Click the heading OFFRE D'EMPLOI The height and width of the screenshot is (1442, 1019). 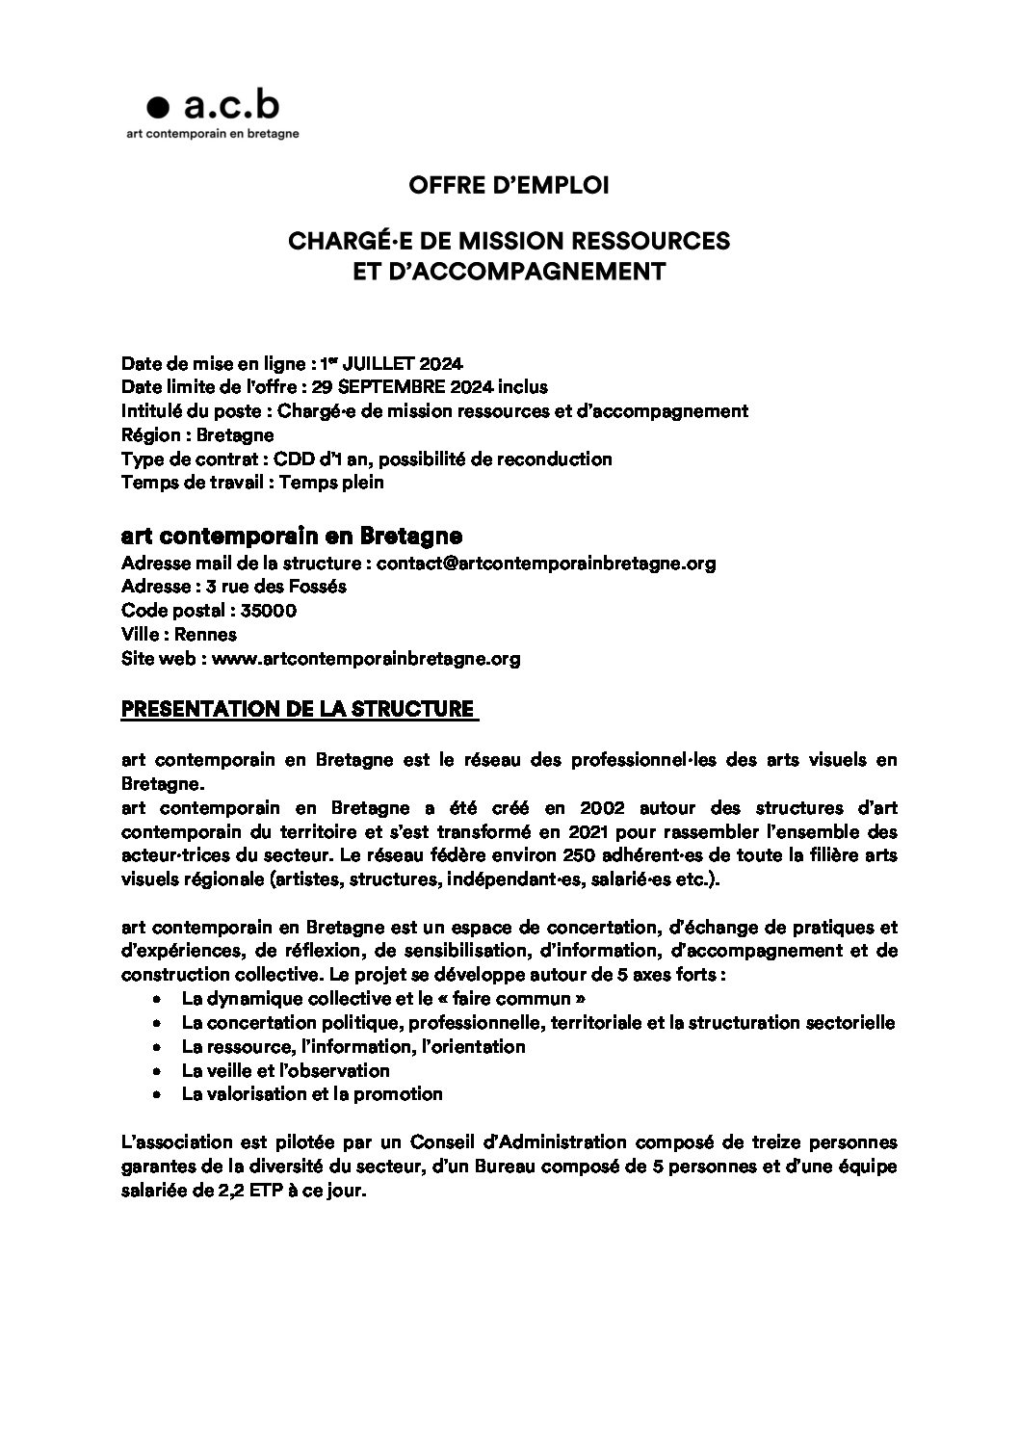(x=509, y=185)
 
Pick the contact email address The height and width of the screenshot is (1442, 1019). (x=545, y=564)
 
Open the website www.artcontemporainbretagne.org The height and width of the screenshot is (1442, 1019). (x=366, y=659)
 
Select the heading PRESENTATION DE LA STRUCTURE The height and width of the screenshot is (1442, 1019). (x=298, y=710)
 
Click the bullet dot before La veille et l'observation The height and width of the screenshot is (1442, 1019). (x=156, y=1071)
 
